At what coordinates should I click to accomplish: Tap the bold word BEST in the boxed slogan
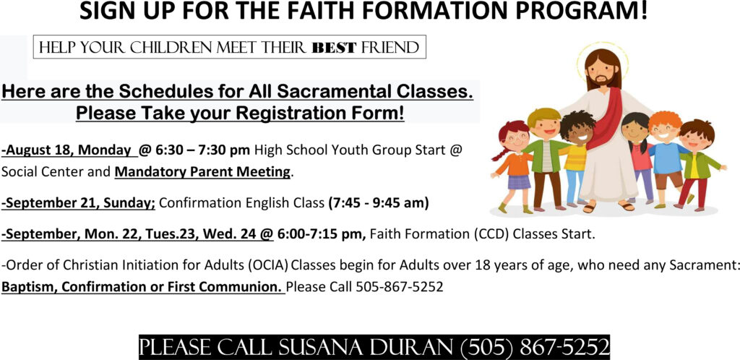[x=334, y=48]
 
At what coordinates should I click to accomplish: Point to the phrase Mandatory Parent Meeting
[x=202, y=172]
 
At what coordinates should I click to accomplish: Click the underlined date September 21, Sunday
[x=78, y=203]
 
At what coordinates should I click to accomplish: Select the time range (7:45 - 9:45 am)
[x=379, y=203]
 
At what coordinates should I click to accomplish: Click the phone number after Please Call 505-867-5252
[x=399, y=286]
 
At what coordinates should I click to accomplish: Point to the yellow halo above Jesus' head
[x=603, y=44]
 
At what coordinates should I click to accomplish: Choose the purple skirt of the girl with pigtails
[x=519, y=181]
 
